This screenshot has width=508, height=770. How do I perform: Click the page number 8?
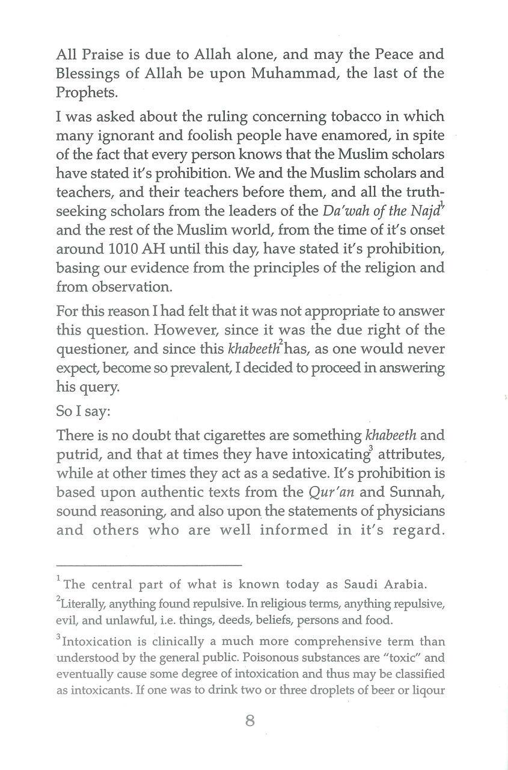click(x=250, y=721)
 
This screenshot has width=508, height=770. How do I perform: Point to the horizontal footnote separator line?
click(x=148, y=565)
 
